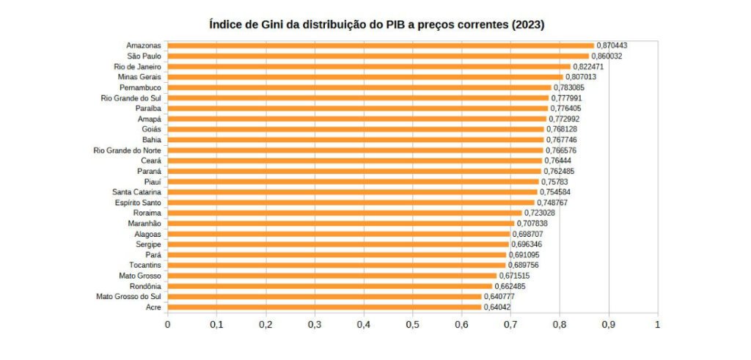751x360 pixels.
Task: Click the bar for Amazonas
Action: click(x=381, y=45)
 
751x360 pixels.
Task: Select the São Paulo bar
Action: click(x=378, y=56)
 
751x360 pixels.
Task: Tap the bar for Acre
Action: click(x=324, y=307)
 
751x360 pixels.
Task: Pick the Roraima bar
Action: click(x=345, y=213)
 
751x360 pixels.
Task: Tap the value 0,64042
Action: click(x=496, y=307)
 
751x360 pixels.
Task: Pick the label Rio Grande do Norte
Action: click(x=128, y=150)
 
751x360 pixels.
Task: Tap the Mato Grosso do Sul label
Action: click(x=128, y=296)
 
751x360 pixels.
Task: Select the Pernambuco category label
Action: click(x=140, y=87)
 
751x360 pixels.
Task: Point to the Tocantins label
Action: click(x=145, y=265)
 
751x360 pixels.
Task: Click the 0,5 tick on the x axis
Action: click(x=412, y=324)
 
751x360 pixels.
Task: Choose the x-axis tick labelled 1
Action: click(x=658, y=324)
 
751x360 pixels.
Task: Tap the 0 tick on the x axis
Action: click(x=167, y=324)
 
